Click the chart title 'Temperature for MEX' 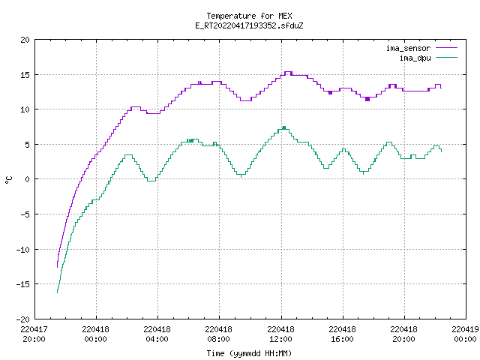tap(249, 16)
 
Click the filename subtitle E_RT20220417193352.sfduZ tap(249, 25)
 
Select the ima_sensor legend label tap(408, 48)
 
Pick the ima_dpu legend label tap(415, 58)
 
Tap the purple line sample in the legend tap(447, 48)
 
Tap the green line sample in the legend tap(447, 58)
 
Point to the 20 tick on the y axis tap(25, 40)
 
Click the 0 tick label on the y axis tap(27, 179)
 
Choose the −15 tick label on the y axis tap(23, 284)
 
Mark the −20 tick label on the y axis tap(23, 319)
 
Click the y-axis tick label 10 tap(25, 109)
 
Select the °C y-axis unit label tap(8, 180)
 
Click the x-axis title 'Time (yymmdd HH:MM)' tap(249, 353)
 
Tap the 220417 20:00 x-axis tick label tap(34, 334)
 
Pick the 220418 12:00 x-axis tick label tap(280, 334)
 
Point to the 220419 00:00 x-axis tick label tap(465, 334)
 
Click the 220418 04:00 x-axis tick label tap(157, 334)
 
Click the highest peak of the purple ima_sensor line tap(288, 72)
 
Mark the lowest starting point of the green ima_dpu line tap(57, 292)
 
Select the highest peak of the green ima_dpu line tap(284, 127)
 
